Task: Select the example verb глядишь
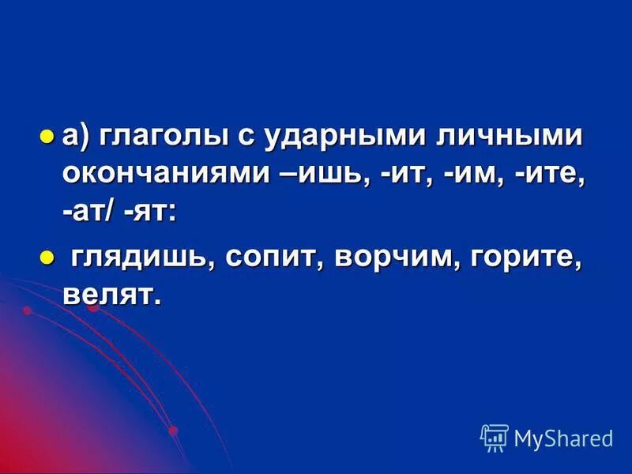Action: [144, 258]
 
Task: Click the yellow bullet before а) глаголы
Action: [47, 135]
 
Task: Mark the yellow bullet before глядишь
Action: [47, 256]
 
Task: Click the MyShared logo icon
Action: [495, 437]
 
